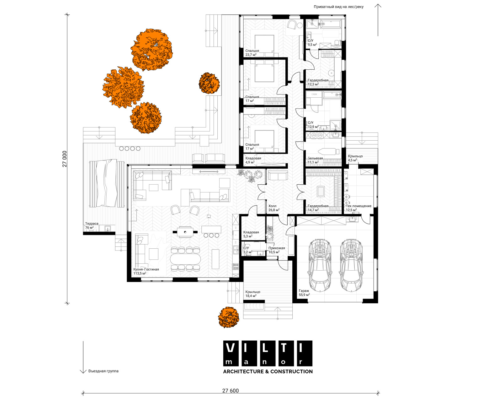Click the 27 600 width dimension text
coord(230,391)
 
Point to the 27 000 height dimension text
coord(65,159)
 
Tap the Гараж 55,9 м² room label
coord(304,293)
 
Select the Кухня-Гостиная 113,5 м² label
coord(146,271)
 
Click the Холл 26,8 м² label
coord(274,208)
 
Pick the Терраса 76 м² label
coord(92,225)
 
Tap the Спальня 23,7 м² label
coord(252,53)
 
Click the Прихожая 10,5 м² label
coord(277,250)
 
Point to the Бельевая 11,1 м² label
coord(315,160)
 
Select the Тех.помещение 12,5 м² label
coord(358,208)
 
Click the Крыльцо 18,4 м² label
coord(253,294)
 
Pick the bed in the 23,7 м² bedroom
coord(264,46)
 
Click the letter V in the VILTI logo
coord(230,348)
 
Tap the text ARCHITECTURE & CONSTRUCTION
coord(268,371)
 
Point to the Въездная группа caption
coord(104,371)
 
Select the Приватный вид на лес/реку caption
coord(339,7)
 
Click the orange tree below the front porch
coord(228,317)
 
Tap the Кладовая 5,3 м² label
coord(251,234)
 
